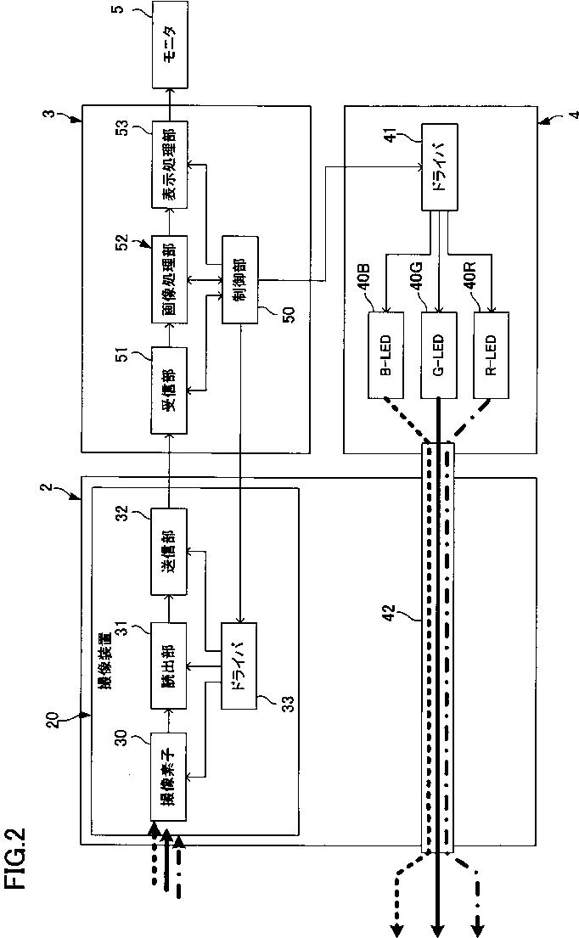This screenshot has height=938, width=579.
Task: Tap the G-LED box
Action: tap(439, 354)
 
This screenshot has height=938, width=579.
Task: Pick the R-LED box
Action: tap(491, 354)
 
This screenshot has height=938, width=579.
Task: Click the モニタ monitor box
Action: tap(170, 43)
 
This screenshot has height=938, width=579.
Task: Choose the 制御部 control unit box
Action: tap(240, 280)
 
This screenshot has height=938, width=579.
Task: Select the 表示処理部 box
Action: tap(170, 165)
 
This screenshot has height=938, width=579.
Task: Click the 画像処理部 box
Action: tap(170, 280)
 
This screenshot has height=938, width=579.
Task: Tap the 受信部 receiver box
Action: tap(170, 390)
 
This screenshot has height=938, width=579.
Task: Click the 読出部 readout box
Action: tap(170, 666)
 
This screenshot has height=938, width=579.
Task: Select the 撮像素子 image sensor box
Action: tap(170, 776)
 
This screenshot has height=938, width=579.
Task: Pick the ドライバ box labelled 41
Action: tap(441, 167)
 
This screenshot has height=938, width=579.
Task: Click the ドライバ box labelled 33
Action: tap(239, 666)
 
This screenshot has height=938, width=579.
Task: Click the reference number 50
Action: tap(288, 314)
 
